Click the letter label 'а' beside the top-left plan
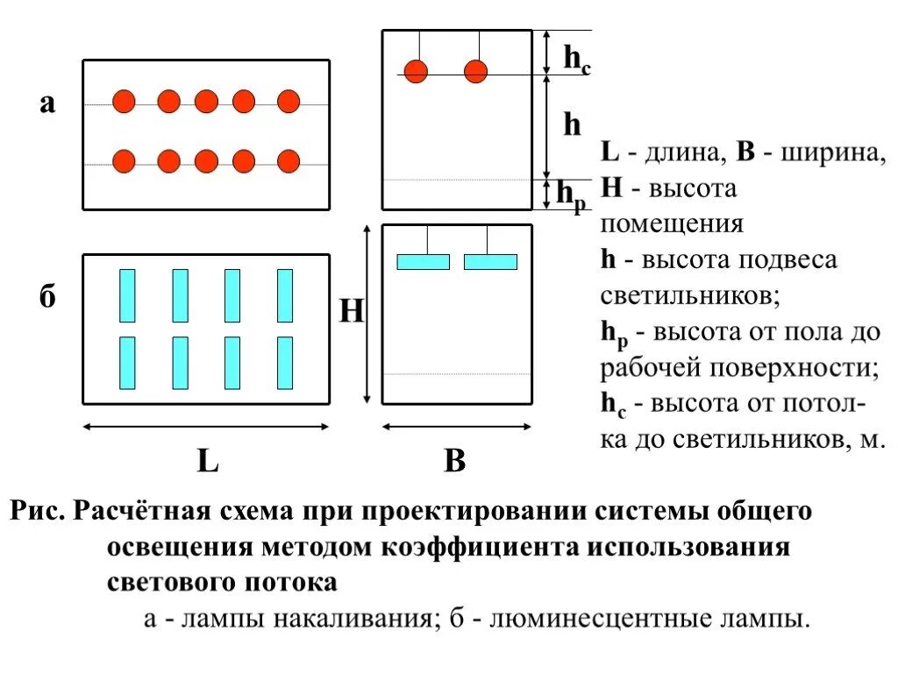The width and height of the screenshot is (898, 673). tap(47, 104)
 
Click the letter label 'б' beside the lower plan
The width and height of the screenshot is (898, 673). tap(47, 298)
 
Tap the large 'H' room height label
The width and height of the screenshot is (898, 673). tap(351, 311)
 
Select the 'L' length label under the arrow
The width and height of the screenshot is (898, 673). tap(207, 461)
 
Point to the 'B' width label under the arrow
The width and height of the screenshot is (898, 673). tap(454, 461)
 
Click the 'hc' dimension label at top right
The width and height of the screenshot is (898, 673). tap(575, 60)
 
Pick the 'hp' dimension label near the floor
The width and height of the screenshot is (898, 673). tap(571, 195)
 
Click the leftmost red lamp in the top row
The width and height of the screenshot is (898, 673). tap(125, 102)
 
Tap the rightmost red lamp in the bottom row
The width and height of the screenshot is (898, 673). tap(289, 161)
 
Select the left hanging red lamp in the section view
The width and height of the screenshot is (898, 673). tap(416, 71)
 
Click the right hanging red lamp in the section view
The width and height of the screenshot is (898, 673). tap(475, 71)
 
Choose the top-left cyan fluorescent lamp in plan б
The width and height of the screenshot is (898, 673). tap(127, 295)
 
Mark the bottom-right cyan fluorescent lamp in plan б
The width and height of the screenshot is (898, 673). tap(285, 363)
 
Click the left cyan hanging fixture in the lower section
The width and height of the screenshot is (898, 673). tap(423, 261)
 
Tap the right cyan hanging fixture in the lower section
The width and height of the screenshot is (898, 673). tap(490, 261)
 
